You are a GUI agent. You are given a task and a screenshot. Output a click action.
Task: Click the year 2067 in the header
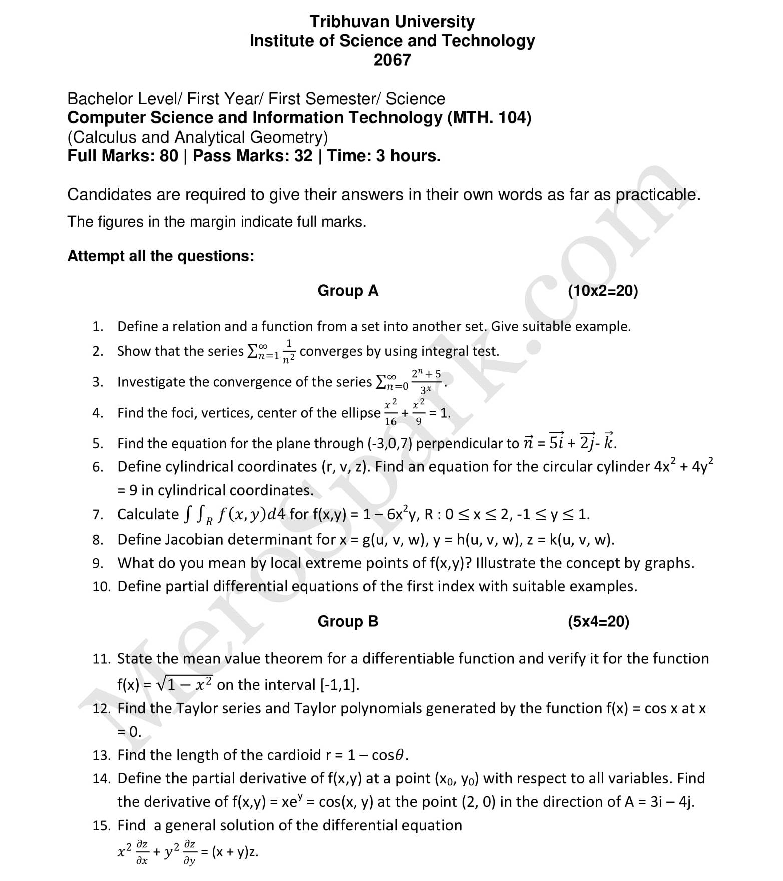[392, 60]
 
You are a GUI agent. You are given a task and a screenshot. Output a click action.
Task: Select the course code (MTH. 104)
[489, 118]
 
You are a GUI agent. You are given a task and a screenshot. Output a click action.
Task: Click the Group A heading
[348, 291]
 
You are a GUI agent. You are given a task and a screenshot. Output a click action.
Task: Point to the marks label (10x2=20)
[603, 291]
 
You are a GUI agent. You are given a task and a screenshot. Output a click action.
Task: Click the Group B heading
[348, 621]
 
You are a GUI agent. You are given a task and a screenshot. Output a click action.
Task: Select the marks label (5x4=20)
[598, 621]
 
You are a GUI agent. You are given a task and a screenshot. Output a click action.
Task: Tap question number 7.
[98, 515]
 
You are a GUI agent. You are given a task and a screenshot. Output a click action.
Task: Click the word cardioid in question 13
[291, 755]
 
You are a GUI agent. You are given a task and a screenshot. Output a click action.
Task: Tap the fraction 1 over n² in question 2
[289, 351]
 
